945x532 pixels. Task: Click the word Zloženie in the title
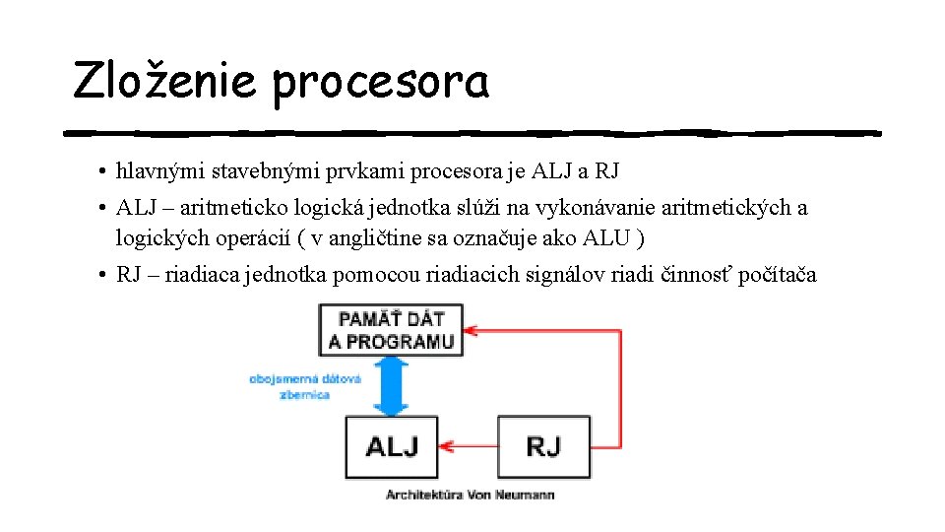coord(165,82)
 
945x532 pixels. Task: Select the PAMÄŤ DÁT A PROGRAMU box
coord(391,330)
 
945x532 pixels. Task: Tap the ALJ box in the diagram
coord(391,446)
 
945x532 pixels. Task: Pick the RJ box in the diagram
coord(542,446)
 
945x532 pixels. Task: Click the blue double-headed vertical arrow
coord(392,385)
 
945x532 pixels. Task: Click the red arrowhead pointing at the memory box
coord(472,330)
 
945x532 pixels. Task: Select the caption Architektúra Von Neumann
coord(470,494)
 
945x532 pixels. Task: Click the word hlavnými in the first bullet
coord(158,172)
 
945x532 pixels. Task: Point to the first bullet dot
coord(102,172)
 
